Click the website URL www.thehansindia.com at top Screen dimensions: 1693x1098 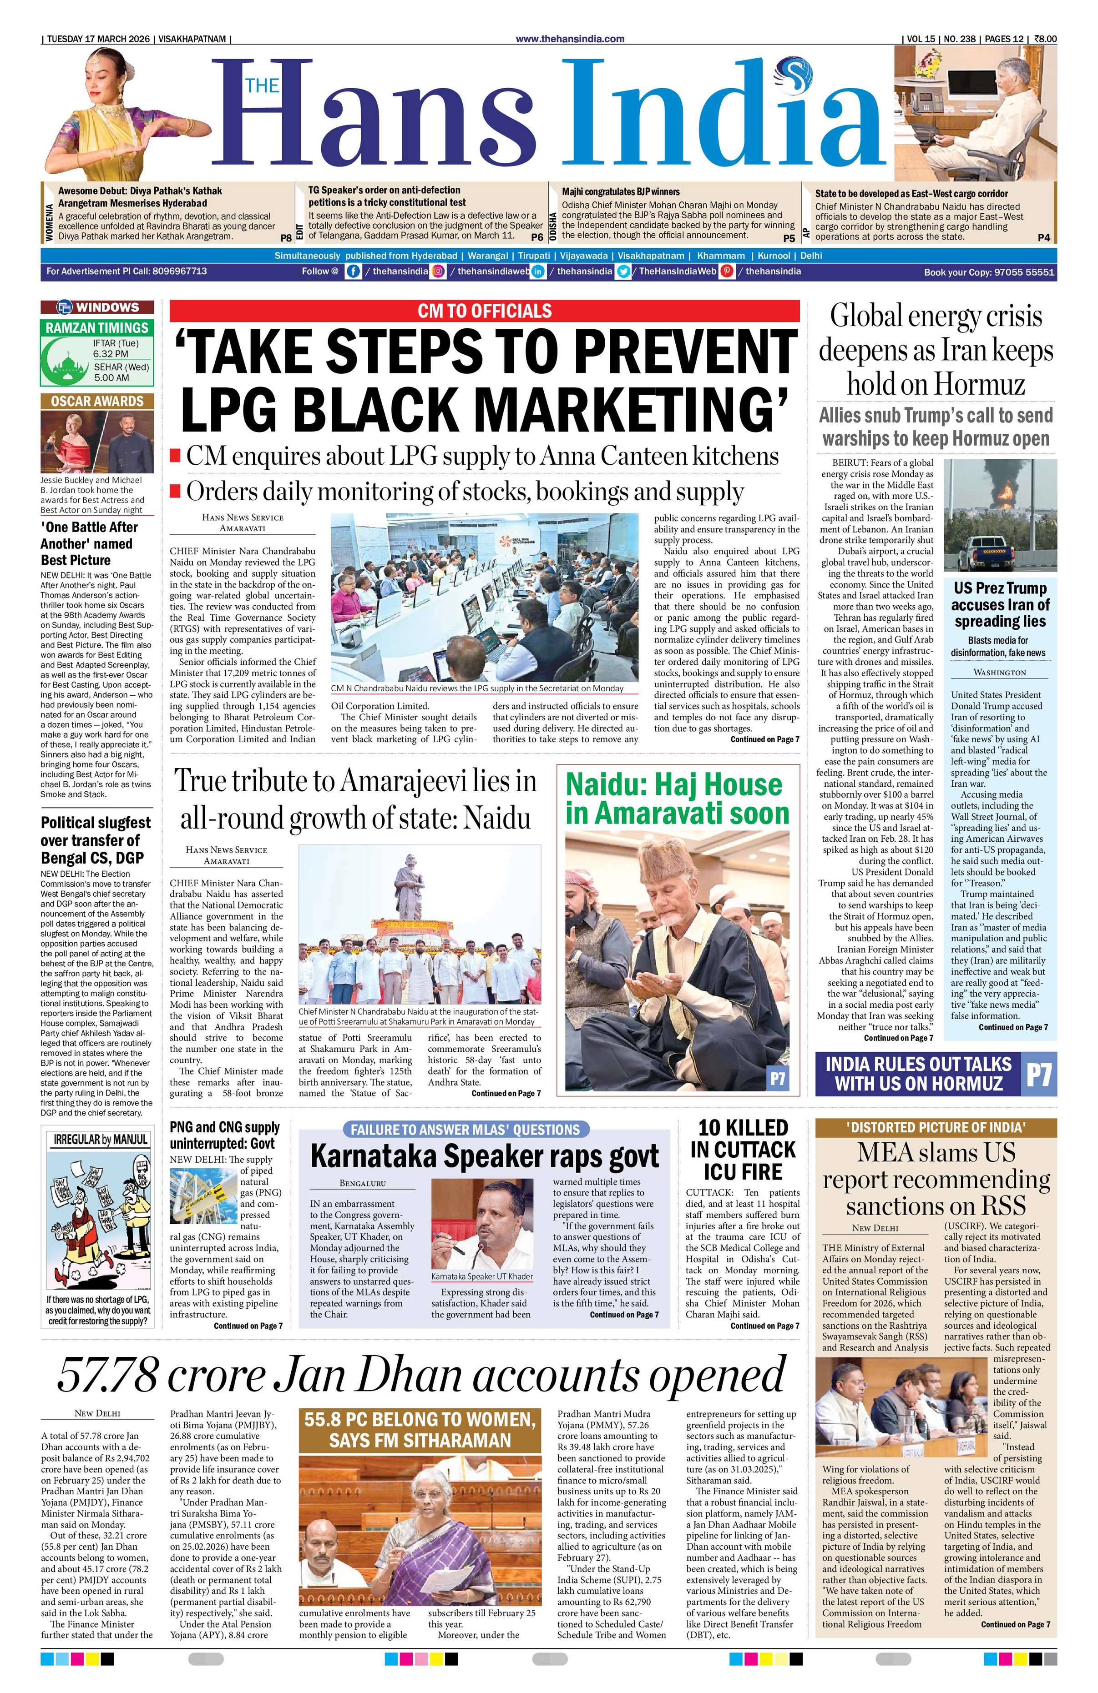pos(570,39)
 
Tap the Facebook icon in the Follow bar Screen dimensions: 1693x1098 pos(352,271)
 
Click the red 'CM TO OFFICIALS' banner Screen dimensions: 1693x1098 pos(485,311)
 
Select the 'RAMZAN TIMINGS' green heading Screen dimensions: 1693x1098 pos(97,328)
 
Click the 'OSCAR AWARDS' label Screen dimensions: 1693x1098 pos(97,401)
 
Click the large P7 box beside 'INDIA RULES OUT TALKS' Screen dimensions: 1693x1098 pos(1038,1074)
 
